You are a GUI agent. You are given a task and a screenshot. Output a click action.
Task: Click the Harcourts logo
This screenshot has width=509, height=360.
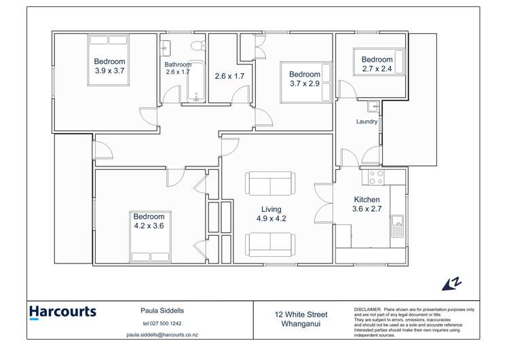[62, 312]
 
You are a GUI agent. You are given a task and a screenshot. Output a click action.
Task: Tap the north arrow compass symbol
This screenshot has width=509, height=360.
[451, 283]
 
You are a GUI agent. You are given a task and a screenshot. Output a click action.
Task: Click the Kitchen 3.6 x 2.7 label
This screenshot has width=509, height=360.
[367, 204]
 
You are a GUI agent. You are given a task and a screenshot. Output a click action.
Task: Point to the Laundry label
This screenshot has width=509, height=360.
[366, 122]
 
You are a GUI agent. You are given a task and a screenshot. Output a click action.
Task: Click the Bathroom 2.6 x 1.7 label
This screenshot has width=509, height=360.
[177, 68]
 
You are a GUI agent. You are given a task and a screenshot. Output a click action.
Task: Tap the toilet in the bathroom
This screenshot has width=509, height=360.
[197, 47]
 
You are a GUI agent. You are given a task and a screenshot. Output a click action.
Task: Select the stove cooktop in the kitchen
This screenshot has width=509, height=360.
[375, 177]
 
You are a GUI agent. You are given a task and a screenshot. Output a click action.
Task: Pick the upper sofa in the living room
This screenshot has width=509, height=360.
[269, 183]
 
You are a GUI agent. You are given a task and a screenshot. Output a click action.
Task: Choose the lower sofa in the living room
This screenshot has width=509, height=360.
[269, 243]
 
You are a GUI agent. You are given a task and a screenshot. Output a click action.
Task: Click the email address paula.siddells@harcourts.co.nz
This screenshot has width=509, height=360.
[162, 335]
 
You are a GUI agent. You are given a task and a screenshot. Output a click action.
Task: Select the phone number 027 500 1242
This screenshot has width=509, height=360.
[162, 323]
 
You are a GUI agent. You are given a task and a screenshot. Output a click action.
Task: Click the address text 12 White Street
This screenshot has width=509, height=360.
[301, 314]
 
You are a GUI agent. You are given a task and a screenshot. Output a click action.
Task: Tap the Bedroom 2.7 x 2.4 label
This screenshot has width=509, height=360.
[377, 64]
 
